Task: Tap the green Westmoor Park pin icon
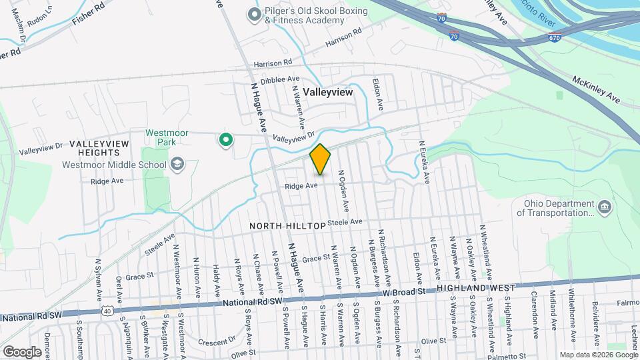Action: pyautogui.click(x=226, y=140)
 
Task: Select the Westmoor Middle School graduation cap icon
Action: pyautogui.click(x=177, y=164)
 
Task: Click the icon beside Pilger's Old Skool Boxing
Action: pyautogui.click(x=254, y=14)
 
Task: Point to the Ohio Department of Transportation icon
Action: pyautogui.click(x=605, y=207)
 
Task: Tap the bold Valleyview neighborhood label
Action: pyautogui.click(x=327, y=93)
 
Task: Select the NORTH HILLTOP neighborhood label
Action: pyautogui.click(x=287, y=226)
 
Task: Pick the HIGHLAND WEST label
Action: pyautogui.click(x=476, y=288)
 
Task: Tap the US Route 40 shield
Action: pyautogui.click(x=107, y=311)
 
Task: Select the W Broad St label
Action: pyautogui.click(x=403, y=292)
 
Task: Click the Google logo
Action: pyautogui.click(x=22, y=351)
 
